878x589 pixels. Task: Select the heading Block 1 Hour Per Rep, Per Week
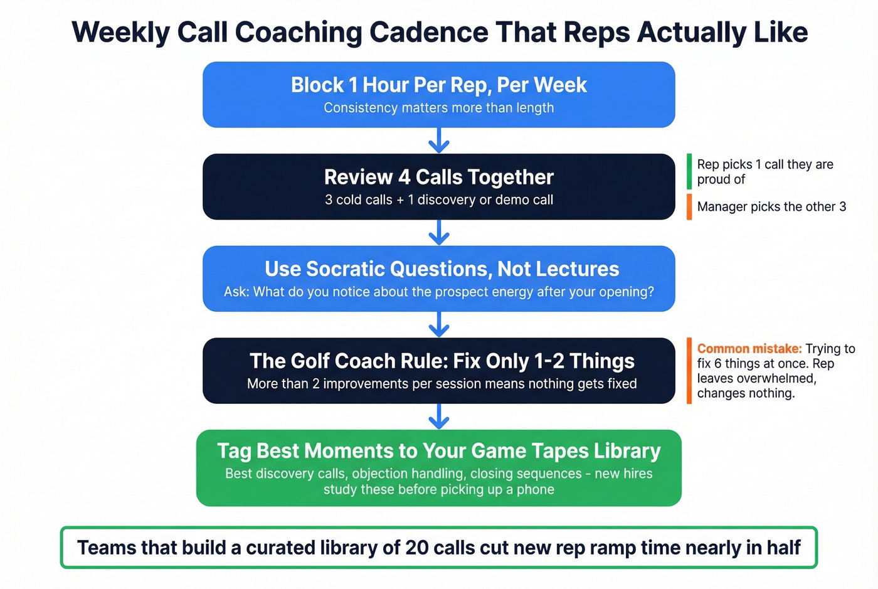438,85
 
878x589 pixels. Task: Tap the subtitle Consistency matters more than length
438,108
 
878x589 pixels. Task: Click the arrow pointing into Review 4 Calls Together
439,141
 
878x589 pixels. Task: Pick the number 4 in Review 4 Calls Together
404,178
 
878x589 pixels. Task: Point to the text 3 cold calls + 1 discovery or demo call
438,200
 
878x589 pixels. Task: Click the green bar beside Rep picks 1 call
689,171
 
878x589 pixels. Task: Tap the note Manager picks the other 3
771,207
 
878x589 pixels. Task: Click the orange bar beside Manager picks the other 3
689,207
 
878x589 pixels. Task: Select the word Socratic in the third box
344,269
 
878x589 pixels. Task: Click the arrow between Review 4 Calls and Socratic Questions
439,233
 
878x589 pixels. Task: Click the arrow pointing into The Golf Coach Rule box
439,324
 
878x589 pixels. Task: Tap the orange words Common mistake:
749,349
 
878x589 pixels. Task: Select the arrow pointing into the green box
439,417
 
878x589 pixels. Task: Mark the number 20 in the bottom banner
416,548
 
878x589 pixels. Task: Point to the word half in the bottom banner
783,548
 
